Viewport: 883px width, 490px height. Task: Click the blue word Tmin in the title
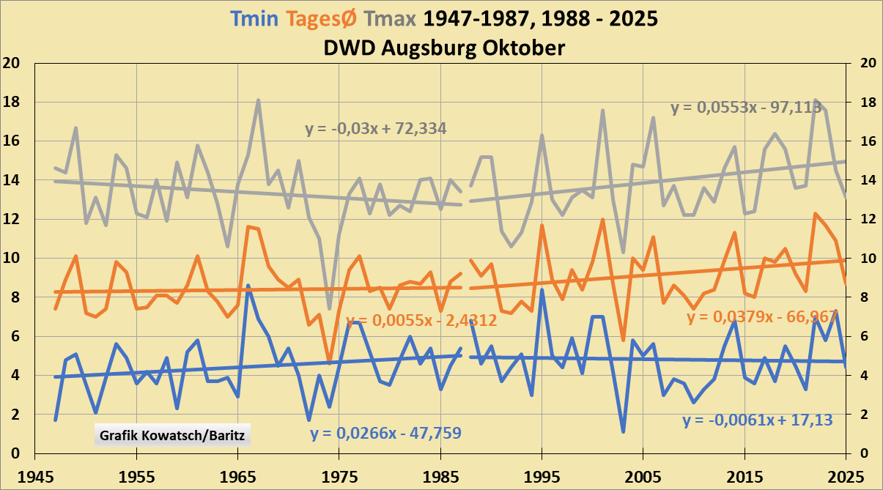coord(253,18)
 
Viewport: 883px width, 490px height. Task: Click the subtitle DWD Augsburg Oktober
coord(444,48)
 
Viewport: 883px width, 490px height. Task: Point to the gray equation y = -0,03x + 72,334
coord(376,130)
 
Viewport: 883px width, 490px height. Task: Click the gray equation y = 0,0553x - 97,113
coord(756,108)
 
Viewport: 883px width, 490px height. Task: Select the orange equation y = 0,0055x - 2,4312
coord(421,320)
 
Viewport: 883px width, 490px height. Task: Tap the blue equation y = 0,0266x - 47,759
coord(385,433)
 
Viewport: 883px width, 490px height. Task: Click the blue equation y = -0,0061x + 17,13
coord(758,421)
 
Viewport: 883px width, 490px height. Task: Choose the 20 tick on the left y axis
coord(11,63)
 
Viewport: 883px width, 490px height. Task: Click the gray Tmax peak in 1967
coord(259,100)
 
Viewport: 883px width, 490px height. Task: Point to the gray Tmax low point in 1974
coord(330,308)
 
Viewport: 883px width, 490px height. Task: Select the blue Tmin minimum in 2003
coord(623,431)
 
